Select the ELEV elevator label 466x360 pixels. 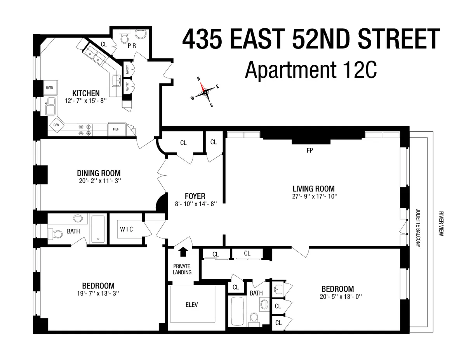coord(192,305)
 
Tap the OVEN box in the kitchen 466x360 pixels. coord(49,87)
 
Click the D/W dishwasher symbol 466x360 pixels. coord(56,125)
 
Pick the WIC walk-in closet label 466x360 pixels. coord(126,229)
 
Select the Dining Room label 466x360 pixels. coord(99,173)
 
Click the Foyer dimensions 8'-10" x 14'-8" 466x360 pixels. coord(195,203)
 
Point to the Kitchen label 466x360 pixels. coord(86,93)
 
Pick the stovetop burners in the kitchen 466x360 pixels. coord(85,129)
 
